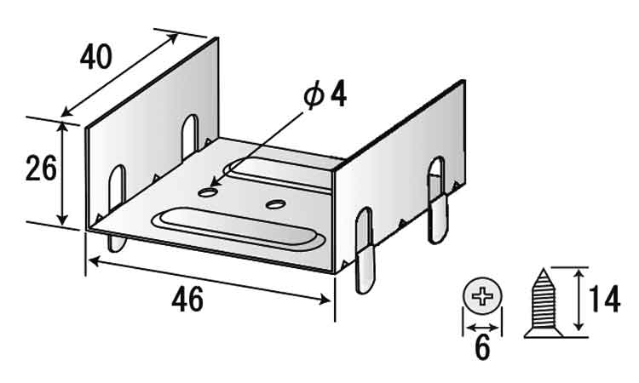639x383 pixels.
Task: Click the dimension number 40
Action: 95,56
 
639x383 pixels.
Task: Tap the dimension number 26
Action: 41,169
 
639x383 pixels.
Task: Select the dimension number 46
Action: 187,299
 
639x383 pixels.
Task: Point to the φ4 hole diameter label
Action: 325,95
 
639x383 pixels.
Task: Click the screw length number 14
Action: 604,299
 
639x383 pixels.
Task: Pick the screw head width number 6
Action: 482,348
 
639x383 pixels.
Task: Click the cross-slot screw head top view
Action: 482,296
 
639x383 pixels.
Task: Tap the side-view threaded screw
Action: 544,303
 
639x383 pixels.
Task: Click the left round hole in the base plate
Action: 207,192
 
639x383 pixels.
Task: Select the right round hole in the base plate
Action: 275,203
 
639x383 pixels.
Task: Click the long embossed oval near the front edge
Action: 239,229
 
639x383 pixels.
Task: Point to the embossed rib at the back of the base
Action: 281,173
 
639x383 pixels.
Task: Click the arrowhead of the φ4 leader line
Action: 215,182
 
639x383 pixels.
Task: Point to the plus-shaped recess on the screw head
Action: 482,296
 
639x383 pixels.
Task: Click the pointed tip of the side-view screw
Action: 544,269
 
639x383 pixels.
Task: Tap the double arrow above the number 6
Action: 482,327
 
